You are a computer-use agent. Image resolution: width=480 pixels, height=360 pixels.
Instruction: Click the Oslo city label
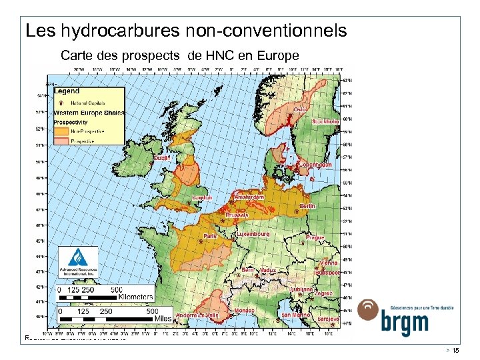click(x=299, y=110)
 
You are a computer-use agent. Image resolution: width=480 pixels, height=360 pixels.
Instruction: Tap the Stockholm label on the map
click(x=326, y=122)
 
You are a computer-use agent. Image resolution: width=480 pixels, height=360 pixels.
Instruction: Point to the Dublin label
click(x=161, y=159)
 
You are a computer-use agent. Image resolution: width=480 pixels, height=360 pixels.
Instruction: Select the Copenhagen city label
click(x=315, y=165)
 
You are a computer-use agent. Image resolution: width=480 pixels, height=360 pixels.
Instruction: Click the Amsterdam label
click(x=249, y=197)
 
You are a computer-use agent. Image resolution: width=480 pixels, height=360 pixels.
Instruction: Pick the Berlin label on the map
click(x=307, y=207)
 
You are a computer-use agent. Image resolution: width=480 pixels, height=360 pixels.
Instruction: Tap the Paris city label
click(x=211, y=235)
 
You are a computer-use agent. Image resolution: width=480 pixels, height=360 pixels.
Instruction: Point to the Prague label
click(x=315, y=237)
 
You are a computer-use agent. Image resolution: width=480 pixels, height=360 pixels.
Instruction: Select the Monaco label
click(x=244, y=311)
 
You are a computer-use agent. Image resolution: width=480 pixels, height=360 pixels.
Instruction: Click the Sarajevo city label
click(x=329, y=319)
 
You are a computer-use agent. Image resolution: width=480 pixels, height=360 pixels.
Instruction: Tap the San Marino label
click(x=295, y=315)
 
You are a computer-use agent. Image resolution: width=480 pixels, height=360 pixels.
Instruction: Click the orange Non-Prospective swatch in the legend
click(x=62, y=131)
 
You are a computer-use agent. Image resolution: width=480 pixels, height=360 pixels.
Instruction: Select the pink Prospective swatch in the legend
click(x=62, y=141)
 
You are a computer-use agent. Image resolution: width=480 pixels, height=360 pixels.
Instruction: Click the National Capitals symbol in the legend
click(x=62, y=103)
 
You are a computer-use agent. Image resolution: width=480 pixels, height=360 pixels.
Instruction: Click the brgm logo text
click(x=405, y=323)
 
